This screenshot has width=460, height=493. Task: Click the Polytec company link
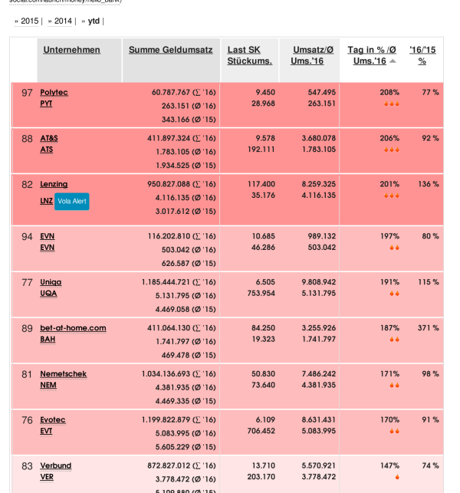tap(54, 92)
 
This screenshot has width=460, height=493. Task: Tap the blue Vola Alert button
tap(71, 201)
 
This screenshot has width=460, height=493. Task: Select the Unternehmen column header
tap(71, 50)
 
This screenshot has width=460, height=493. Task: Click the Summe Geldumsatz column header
tap(170, 50)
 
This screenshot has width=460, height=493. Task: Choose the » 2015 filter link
tap(27, 21)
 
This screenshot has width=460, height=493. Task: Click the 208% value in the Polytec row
tap(389, 92)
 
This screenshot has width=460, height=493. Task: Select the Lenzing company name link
tap(54, 184)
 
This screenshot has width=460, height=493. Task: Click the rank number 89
tap(27, 328)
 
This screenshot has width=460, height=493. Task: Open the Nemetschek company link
tap(63, 373)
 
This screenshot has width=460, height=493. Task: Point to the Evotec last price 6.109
tap(264, 419)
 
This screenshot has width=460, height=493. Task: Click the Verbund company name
tap(55, 465)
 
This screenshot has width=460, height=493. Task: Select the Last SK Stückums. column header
tap(249, 55)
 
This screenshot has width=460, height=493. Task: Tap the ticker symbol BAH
tap(48, 339)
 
